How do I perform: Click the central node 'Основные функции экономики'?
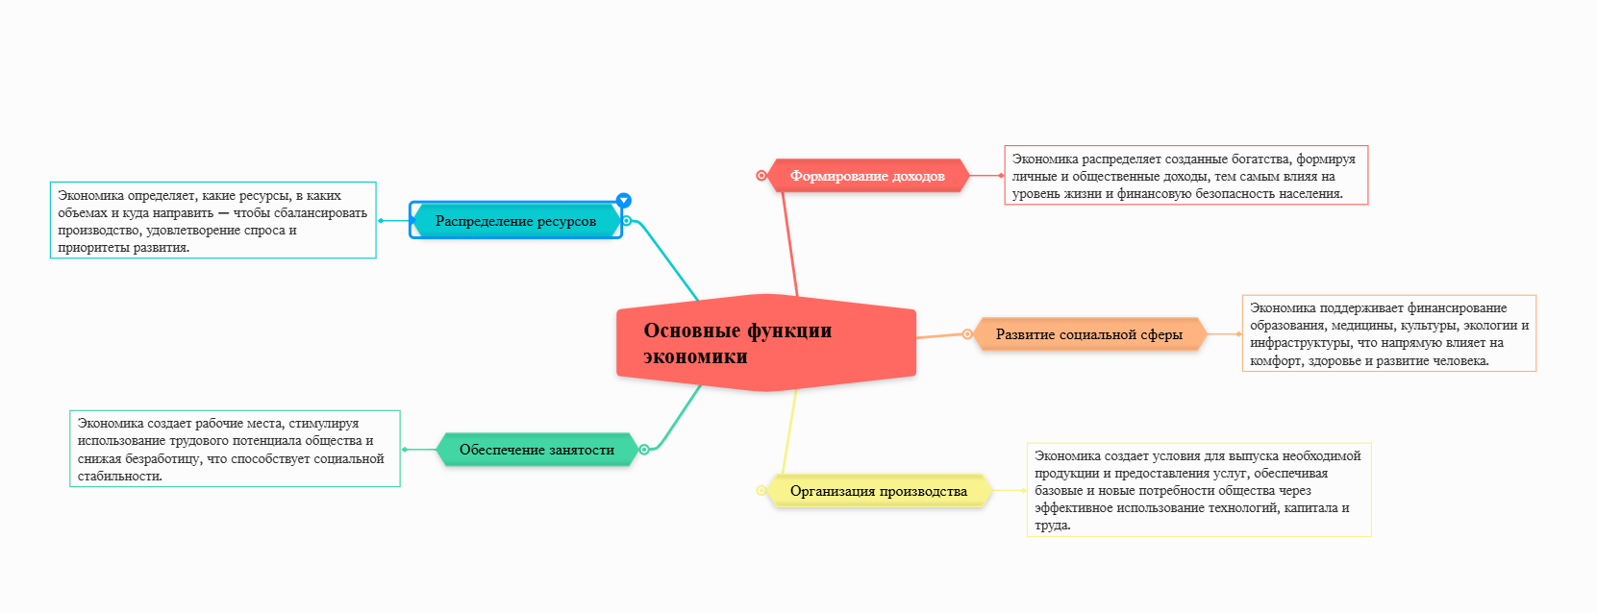point(765,343)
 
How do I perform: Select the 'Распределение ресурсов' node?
point(515,221)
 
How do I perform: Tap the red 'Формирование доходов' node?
point(867,176)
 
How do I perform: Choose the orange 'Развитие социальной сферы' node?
point(1088,334)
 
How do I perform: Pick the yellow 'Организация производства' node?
point(878,491)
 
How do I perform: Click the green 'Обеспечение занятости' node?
point(536,450)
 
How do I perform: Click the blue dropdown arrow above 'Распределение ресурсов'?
point(624,200)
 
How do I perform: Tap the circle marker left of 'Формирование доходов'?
point(761,176)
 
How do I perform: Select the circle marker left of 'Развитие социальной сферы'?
point(967,334)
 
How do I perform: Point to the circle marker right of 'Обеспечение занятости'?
point(644,449)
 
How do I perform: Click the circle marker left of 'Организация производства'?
point(761,490)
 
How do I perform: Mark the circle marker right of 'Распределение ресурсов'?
point(627,221)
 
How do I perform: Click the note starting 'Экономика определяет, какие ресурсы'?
point(212,220)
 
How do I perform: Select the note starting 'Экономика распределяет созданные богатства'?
point(1185,175)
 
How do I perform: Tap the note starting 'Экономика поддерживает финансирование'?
point(1388,333)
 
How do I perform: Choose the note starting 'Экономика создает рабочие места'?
point(235,449)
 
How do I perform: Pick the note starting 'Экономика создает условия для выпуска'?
point(1198,489)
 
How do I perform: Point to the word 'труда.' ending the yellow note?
point(1053,526)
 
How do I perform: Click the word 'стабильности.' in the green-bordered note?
point(120,476)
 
